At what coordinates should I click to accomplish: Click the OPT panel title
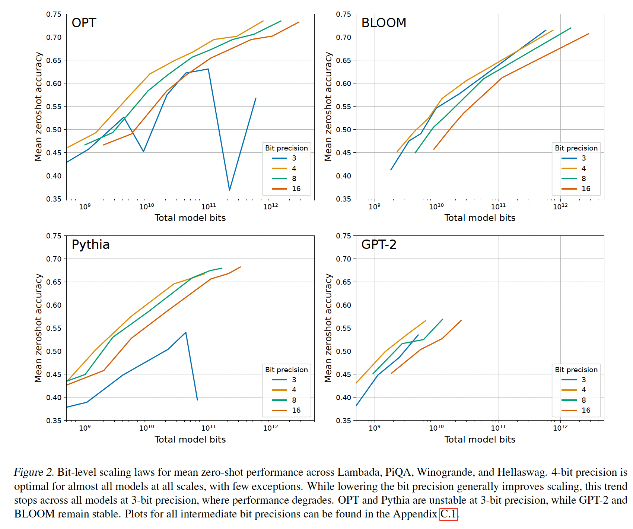(84, 23)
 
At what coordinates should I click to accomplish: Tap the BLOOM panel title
(384, 23)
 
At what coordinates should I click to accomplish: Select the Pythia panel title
(90, 244)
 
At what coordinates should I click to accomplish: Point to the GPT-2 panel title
(379, 244)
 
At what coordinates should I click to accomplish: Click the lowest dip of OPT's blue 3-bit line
(229, 190)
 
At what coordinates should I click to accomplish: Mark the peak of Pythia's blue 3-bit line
(185, 332)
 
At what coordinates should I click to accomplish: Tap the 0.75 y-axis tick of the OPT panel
(54, 14)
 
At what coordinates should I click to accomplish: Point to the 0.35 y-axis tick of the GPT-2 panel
(343, 421)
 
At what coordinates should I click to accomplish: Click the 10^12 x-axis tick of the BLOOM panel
(560, 207)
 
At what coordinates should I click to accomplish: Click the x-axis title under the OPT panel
(190, 218)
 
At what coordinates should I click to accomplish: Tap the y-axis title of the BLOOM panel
(328, 107)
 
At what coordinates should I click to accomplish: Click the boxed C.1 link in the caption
(448, 514)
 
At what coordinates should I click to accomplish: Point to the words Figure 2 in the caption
(34, 472)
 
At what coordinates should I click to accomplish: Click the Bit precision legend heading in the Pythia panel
(286, 370)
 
